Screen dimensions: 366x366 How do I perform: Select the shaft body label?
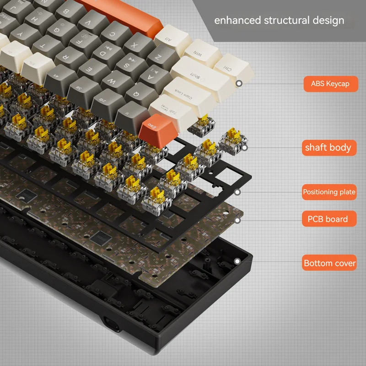[328, 147]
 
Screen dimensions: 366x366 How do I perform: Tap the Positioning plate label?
[329, 192]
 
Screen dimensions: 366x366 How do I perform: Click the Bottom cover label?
[329, 263]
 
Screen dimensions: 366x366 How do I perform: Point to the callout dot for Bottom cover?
[237, 261]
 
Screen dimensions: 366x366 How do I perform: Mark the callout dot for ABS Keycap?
[239, 84]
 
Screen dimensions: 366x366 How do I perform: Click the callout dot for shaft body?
[244, 147]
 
